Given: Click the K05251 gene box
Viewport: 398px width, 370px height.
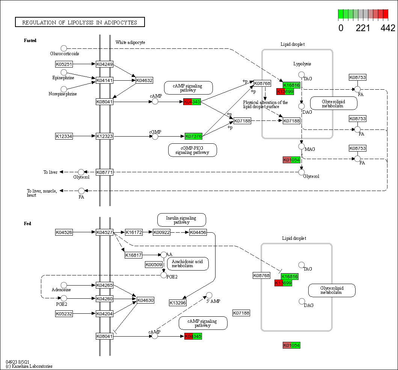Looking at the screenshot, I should point(64,64).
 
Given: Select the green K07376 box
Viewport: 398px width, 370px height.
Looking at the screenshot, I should point(193,136).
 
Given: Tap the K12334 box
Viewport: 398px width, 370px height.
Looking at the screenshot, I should point(64,136).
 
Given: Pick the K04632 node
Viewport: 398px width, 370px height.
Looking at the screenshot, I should point(144,80).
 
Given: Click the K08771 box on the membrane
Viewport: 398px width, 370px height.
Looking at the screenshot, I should point(104,172).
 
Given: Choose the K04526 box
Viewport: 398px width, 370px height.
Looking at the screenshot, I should point(64,233).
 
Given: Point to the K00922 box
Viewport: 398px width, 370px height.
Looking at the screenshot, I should point(161,233).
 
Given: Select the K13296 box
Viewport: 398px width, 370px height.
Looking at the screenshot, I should point(178,303).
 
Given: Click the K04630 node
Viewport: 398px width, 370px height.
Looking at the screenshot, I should point(145,300).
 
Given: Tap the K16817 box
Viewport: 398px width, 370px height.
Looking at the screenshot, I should point(133,256).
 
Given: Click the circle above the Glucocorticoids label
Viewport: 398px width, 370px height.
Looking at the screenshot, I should point(64,48).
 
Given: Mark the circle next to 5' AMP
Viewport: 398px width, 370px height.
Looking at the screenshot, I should point(209,295).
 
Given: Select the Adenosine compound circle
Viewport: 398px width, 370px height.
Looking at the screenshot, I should point(64,285).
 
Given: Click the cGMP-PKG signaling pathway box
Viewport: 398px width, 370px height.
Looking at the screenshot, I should point(193,150).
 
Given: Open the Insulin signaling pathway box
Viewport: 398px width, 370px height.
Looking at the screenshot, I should point(181,220).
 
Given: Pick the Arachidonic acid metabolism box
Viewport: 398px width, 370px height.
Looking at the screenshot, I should point(188,263).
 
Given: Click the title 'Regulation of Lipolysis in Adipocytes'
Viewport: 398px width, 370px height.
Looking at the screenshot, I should point(80,22).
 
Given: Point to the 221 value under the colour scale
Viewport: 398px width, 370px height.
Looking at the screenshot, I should point(363,28).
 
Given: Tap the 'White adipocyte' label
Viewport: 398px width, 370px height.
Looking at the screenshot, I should point(130,42).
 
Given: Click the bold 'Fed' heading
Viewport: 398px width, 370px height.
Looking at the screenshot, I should point(27,224).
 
